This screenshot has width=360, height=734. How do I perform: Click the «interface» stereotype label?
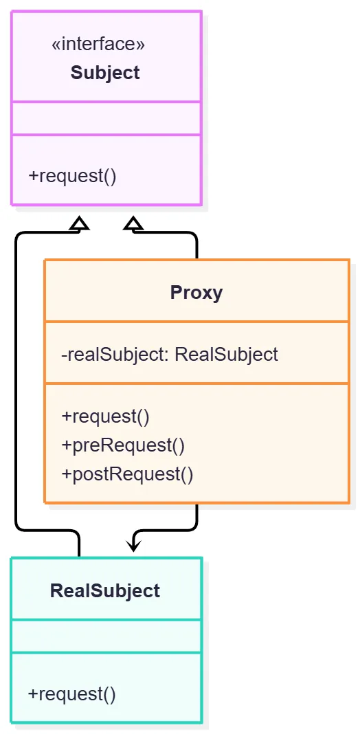(x=98, y=45)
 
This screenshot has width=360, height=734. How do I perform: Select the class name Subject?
(x=105, y=73)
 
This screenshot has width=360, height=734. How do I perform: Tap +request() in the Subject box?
(x=72, y=177)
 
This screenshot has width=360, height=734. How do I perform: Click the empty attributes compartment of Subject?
(x=106, y=118)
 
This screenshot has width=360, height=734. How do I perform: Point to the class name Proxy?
(x=196, y=293)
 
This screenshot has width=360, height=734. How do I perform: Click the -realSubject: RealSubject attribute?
(x=170, y=355)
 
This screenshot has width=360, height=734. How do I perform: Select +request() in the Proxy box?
(x=105, y=416)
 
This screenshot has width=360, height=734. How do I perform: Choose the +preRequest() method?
(x=123, y=445)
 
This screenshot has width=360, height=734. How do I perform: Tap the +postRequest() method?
(x=127, y=474)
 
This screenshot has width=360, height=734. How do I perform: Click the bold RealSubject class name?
(x=105, y=591)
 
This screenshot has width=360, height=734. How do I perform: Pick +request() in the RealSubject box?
(x=71, y=693)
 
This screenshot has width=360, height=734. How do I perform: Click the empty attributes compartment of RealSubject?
(x=106, y=636)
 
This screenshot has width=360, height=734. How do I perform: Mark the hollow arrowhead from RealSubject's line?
(x=79, y=224)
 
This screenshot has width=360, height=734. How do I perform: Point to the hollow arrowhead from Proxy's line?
(x=133, y=224)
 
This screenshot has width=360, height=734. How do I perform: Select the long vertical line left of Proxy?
(x=17, y=381)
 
